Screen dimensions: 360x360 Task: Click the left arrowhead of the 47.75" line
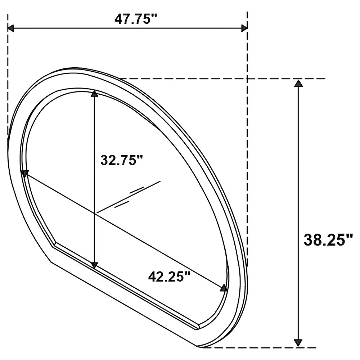[11, 28]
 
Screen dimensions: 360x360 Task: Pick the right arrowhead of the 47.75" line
[244, 28]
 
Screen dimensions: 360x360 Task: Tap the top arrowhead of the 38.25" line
[298, 84]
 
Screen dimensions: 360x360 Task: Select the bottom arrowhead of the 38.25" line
[298, 342]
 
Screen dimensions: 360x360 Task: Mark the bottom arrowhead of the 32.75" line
[94, 266]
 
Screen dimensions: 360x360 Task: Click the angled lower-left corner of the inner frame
[54, 246]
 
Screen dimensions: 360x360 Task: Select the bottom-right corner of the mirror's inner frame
[199, 327]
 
